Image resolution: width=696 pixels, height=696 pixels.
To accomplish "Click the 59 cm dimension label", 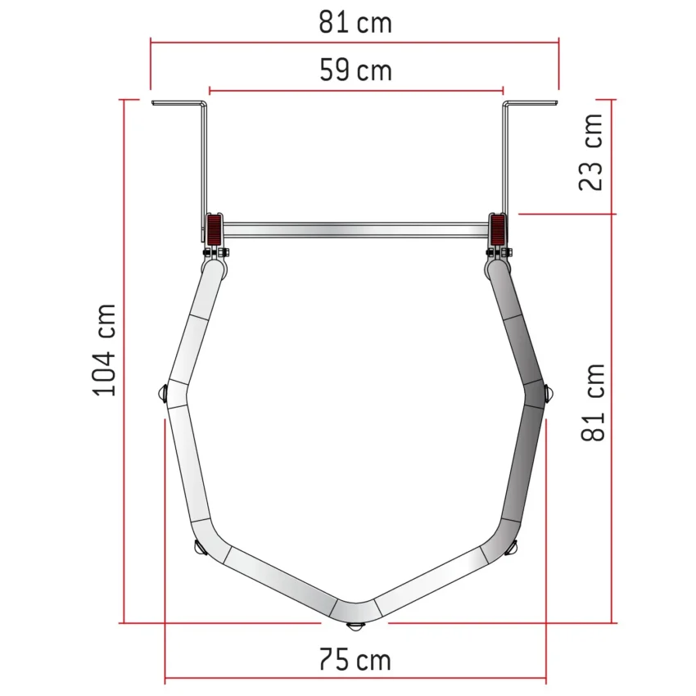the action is [355, 70].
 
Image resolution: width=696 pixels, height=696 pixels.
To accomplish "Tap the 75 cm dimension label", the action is [355, 660].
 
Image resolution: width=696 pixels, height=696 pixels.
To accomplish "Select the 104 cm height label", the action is [104, 350].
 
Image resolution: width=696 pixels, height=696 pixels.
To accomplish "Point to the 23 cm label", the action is [591, 152].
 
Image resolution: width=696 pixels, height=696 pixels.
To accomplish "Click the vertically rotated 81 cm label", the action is [593, 402].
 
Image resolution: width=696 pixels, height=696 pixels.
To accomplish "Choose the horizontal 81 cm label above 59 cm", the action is [355, 22].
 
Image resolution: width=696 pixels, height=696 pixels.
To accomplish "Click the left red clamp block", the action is [214, 230].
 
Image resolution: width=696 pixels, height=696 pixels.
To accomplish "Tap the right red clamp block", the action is [498, 230].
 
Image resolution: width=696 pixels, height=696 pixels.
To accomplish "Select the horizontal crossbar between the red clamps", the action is [355, 230].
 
